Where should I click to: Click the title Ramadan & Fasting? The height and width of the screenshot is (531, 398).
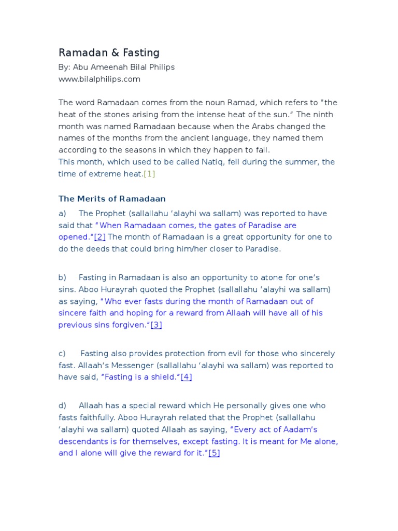point(109,52)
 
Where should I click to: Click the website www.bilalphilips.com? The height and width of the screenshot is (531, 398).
point(99,79)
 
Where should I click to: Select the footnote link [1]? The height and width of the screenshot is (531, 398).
point(149,174)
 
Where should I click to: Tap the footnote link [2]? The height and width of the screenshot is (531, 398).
point(99,236)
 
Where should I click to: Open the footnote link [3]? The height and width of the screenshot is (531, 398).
point(157,325)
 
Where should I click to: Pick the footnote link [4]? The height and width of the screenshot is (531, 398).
point(186,377)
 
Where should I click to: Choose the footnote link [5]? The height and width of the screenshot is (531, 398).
point(214,453)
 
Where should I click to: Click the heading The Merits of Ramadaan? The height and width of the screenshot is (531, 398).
point(112,199)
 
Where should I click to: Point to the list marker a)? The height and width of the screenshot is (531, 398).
point(62,213)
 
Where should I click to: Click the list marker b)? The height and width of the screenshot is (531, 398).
point(62,277)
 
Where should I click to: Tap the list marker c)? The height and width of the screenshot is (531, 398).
point(62,353)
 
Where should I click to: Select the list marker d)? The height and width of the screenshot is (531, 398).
point(62,405)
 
